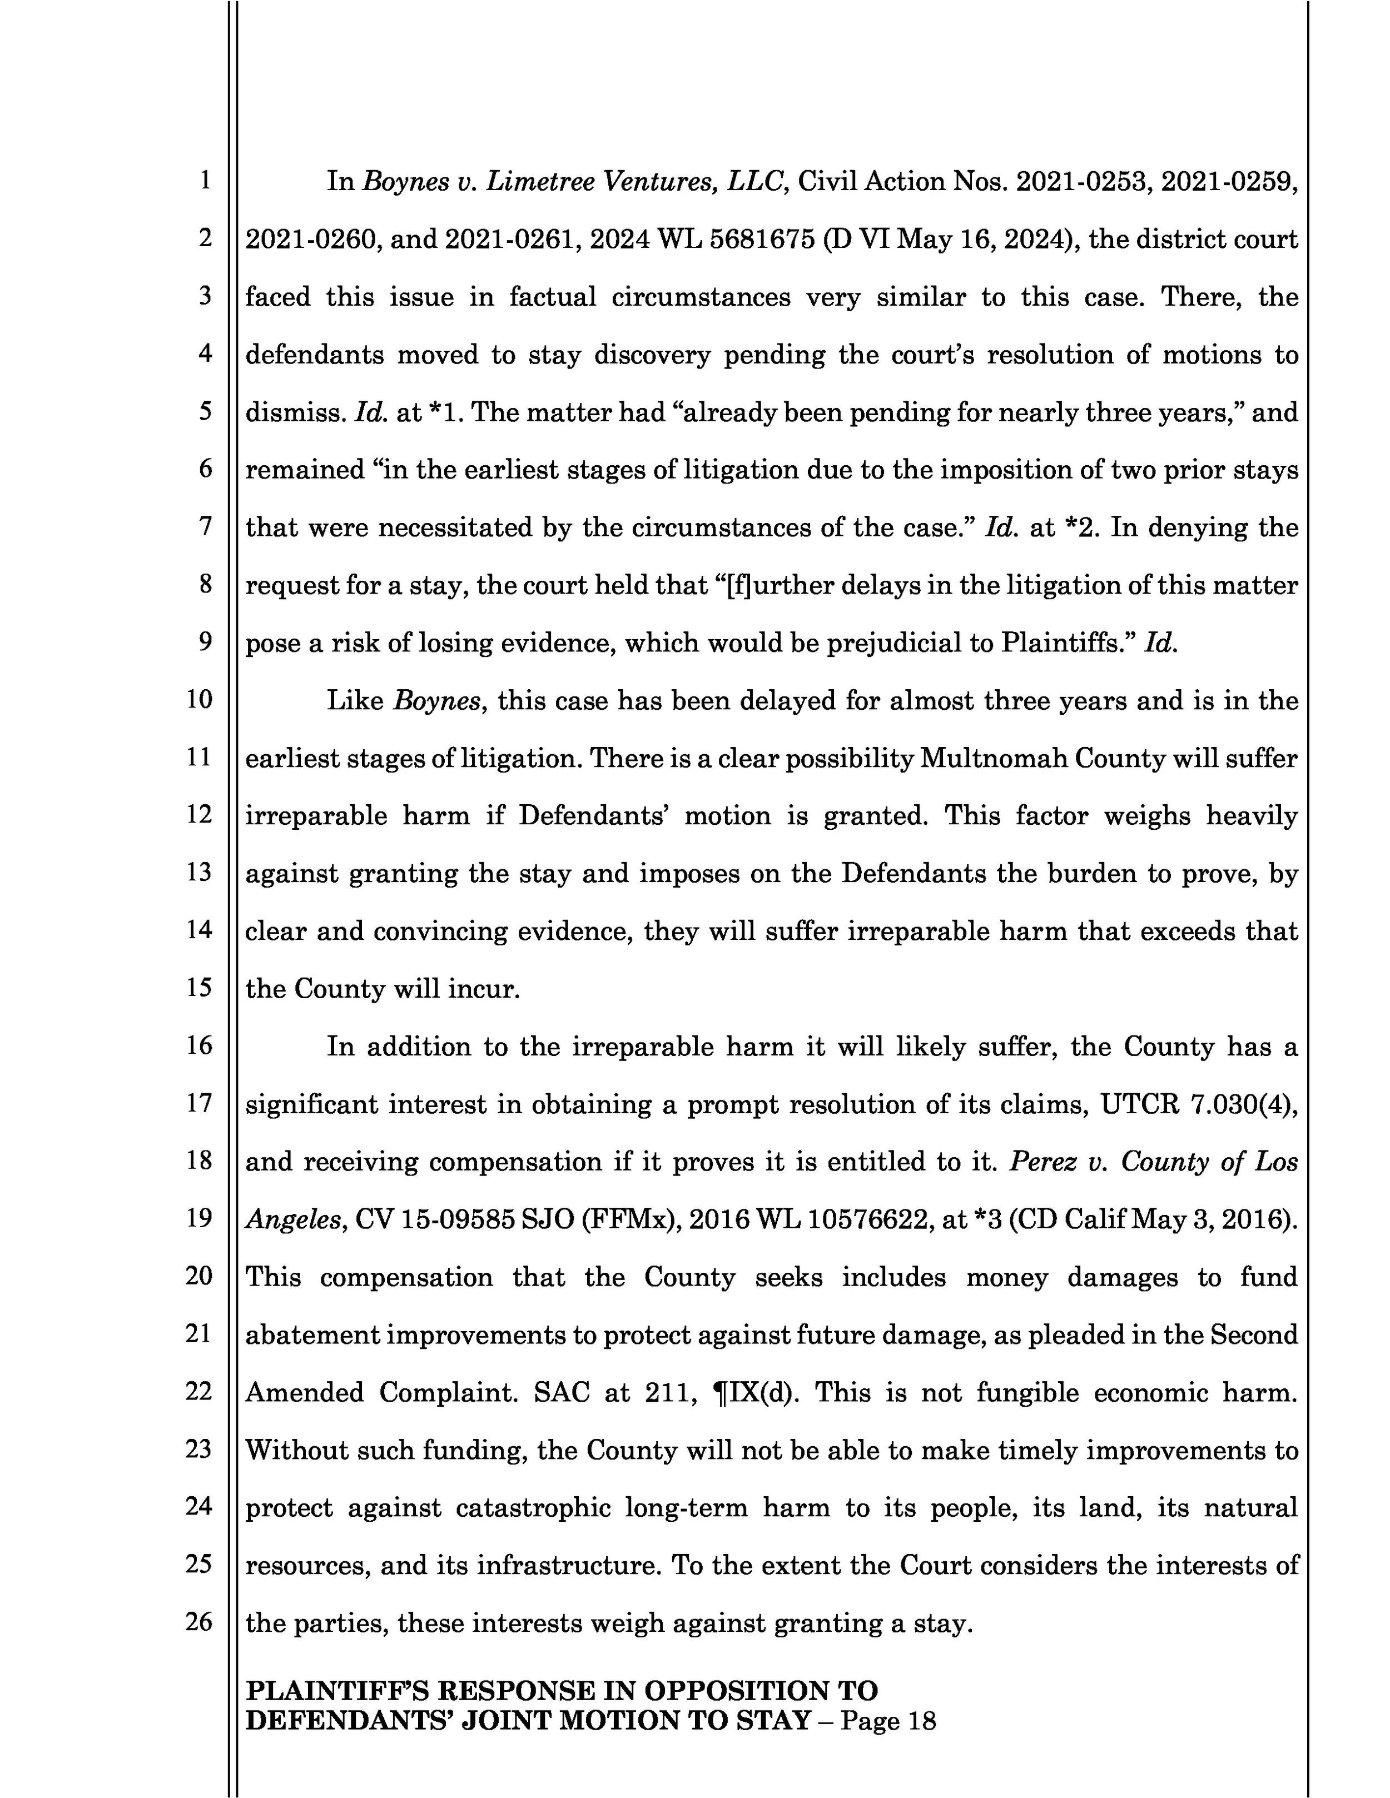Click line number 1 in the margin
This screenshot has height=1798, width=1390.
click(x=204, y=180)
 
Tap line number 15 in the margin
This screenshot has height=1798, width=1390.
click(x=199, y=987)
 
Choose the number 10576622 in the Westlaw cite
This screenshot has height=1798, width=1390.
click(x=870, y=1219)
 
